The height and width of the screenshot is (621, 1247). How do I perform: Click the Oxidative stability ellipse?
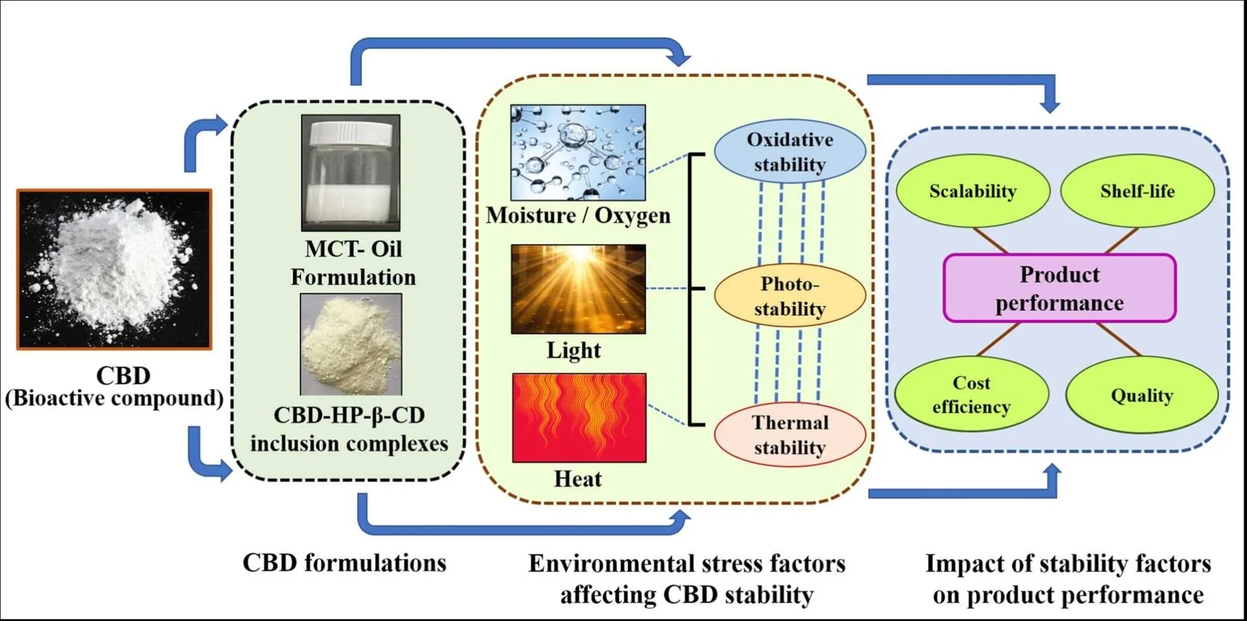coord(789,151)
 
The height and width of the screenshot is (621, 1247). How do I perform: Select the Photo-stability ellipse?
coord(789,296)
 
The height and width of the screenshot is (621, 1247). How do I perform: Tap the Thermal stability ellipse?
coord(789,435)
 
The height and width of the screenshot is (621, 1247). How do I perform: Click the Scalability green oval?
coord(972,191)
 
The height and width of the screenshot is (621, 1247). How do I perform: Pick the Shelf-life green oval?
coord(1137,191)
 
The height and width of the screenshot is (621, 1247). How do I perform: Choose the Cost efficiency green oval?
coord(971,395)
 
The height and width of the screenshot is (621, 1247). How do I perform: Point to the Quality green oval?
coord(1141,395)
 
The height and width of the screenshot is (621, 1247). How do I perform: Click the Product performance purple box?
coord(1059,288)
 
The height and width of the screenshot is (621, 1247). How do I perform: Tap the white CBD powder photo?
coord(114,269)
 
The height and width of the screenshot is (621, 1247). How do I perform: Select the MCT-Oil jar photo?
coord(350,173)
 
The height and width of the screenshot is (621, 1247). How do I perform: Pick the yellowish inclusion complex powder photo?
coord(350,344)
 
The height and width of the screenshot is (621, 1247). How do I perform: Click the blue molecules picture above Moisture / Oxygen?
coord(578,153)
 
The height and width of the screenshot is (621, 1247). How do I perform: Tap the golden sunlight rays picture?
coord(578,289)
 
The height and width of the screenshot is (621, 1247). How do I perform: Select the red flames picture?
coord(579,418)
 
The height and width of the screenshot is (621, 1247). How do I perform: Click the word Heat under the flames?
coord(578,479)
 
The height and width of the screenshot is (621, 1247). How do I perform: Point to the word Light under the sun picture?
coord(573,350)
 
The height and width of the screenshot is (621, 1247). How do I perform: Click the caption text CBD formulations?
coord(344,563)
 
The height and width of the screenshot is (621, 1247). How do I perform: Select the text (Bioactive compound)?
coord(114,398)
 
